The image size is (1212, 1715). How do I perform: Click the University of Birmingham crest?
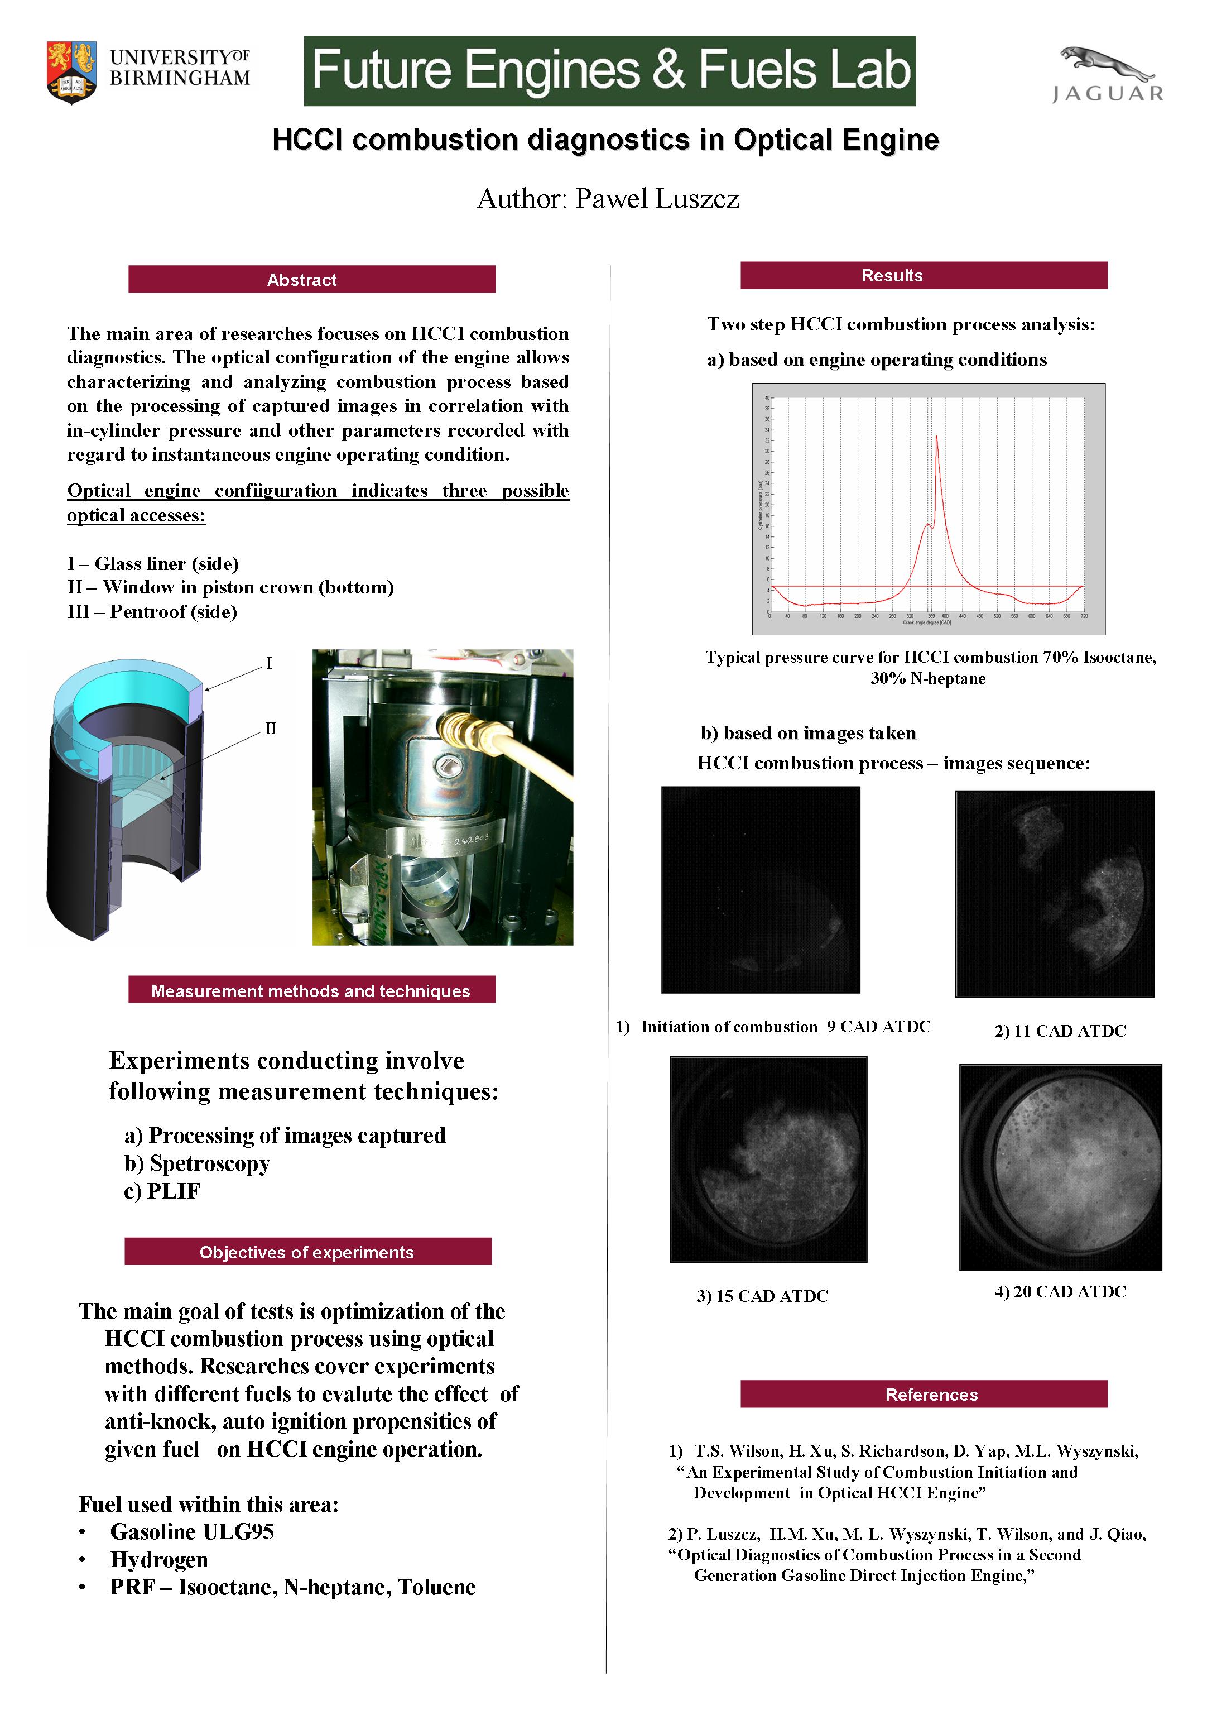pos(71,71)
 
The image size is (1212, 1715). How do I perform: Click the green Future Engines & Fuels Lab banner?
pos(609,71)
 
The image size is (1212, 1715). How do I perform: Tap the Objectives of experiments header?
pos(307,1252)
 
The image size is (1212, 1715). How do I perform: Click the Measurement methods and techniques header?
pos(311,990)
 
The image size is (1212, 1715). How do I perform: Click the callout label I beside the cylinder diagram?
pos(269,663)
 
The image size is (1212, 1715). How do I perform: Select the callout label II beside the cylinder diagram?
pos(270,729)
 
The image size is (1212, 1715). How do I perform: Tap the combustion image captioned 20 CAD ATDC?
pos(1060,1167)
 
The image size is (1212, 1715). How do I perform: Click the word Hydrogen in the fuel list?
pos(159,1560)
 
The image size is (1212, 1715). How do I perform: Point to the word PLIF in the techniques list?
pos(173,1191)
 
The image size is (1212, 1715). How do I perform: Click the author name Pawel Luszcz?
pos(657,199)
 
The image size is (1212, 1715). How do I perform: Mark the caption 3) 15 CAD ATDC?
pos(762,1296)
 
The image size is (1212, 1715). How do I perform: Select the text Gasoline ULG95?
pos(192,1532)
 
